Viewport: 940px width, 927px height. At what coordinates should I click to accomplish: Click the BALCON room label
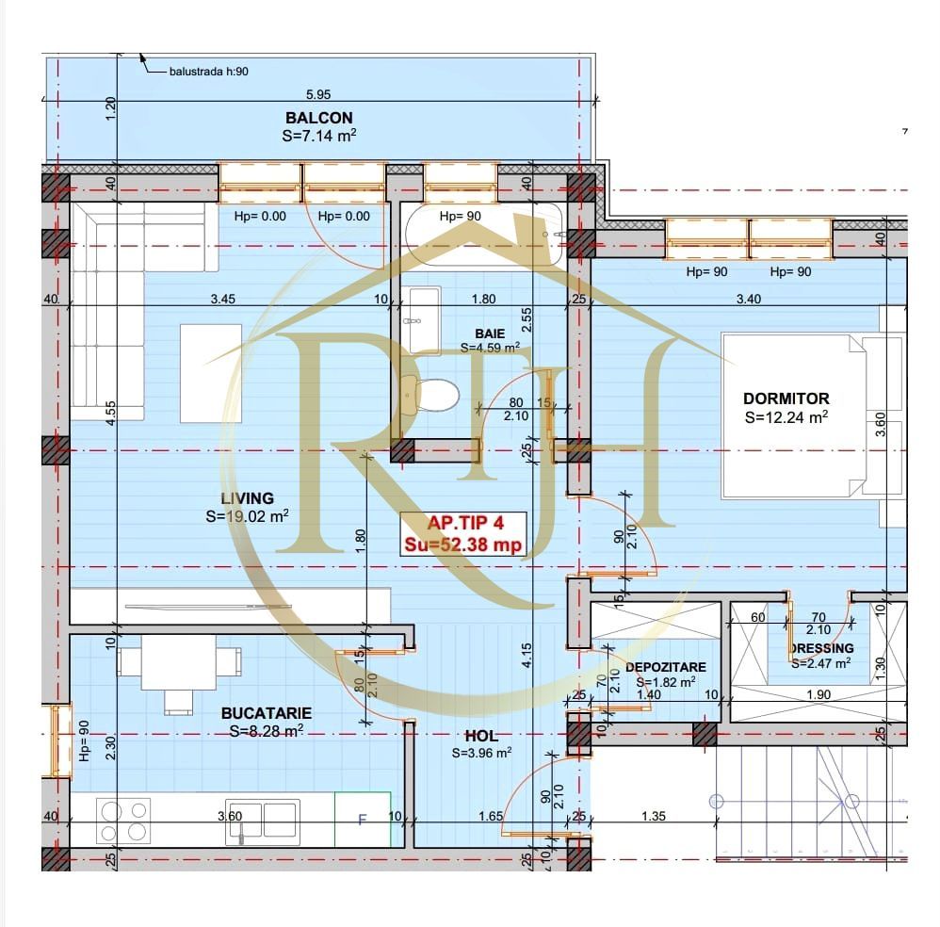(x=318, y=118)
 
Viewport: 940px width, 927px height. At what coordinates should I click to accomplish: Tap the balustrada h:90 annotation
(x=209, y=71)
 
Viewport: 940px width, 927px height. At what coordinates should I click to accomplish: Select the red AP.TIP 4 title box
(x=462, y=535)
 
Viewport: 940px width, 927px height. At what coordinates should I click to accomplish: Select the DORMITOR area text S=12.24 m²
(x=786, y=416)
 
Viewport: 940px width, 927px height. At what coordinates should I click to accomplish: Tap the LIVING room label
(x=247, y=498)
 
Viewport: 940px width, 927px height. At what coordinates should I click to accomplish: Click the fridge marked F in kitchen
(x=363, y=819)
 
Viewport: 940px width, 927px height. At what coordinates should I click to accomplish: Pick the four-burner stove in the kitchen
(x=124, y=819)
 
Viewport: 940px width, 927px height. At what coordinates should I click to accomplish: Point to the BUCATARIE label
(x=267, y=713)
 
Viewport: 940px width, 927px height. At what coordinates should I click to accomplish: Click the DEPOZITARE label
(x=665, y=667)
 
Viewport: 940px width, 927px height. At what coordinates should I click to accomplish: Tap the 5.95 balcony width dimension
(x=318, y=94)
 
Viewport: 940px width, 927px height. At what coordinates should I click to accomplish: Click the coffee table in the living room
(x=210, y=373)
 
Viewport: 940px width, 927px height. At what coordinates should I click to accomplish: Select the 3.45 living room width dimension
(x=222, y=300)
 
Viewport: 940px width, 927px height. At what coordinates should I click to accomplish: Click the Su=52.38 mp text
(x=462, y=545)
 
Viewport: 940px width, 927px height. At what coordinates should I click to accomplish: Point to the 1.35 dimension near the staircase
(x=654, y=816)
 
